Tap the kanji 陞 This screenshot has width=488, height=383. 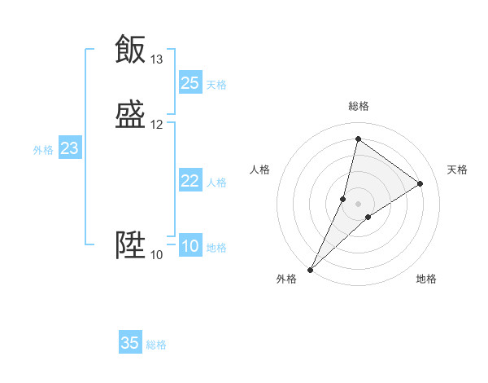click(x=130, y=245)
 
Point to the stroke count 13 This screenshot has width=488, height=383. click(x=157, y=59)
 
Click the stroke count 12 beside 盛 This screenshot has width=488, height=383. click(x=157, y=125)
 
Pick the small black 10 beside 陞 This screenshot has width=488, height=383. click(x=157, y=255)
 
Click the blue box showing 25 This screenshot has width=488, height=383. click(x=190, y=82)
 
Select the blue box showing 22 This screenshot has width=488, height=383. click(x=190, y=181)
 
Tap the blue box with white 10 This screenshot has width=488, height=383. click(x=190, y=246)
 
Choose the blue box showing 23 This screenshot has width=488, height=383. click(x=70, y=148)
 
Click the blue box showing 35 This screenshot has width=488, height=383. click(x=130, y=343)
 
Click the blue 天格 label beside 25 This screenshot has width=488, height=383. click(x=216, y=84)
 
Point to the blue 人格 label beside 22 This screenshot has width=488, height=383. click(x=216, y=183)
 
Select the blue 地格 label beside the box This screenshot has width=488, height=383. click(x=216, y=248)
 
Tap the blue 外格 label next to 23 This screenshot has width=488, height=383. click(x=43, y=150)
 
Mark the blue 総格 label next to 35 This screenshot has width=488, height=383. click(x=156, y=345)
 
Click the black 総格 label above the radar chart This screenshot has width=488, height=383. click(x=359, y=106)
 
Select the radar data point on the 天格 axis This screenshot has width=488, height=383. click(x=420, y=183)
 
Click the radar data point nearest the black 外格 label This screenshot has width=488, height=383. click(x=310, y=270)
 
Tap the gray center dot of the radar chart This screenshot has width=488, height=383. click(x=359, y=203)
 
